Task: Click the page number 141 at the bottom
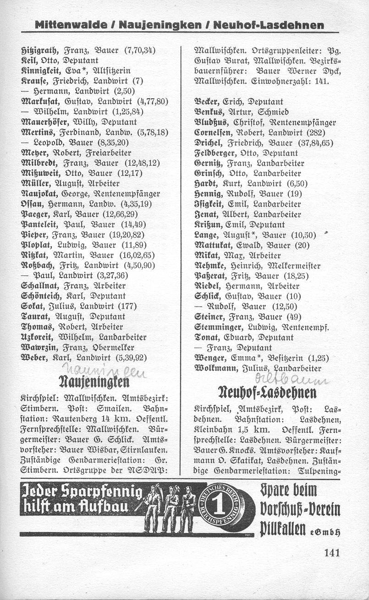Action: pos(331,553)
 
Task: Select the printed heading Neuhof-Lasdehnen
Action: pos(269,393)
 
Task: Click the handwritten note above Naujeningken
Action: pos(101,368)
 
